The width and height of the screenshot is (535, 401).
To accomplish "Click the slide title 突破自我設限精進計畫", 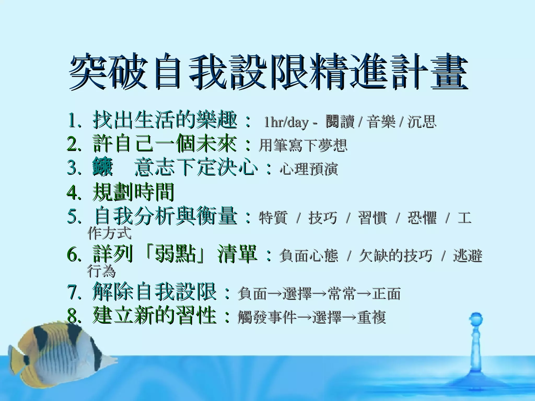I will (x=268, y=71).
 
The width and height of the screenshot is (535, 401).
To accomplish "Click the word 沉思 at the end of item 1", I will (x=422, y=122).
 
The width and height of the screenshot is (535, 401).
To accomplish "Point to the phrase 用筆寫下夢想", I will (x=303, y=145).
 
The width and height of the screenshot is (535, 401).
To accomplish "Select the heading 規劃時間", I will (x=133, y=192).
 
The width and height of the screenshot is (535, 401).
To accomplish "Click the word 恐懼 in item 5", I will (x=422, y=218).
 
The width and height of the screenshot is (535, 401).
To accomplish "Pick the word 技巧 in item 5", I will (x=322, y=218).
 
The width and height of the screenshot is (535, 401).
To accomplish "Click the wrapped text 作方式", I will (x=109, y=233).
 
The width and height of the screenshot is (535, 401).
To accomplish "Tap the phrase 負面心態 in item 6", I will (x=308, y=255).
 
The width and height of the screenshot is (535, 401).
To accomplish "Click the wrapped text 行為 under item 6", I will (x=101, y=271).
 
